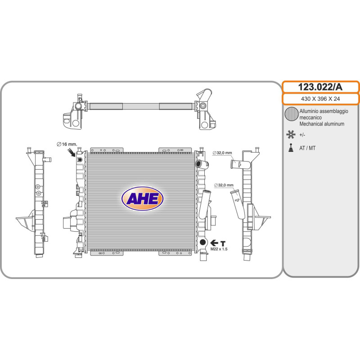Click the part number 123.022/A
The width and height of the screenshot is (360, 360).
pyautogui.click(x=320, y=87)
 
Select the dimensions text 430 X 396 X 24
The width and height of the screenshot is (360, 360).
pyautogui.click(x=320, y=99)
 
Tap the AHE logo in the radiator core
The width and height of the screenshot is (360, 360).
pyautogui.click(x=142, y=198)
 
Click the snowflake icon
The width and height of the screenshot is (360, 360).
pyautogui.click(x=291, y=135)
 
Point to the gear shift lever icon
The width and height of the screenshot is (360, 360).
pyautogui.click(x=291, y=148)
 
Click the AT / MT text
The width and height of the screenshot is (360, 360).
pyautogui.click(x=307, y=148)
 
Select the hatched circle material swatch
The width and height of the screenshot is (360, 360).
pyautogui.click(x=292, y=114)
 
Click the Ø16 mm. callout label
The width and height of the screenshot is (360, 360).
pyautogui.click(x=67, y=144)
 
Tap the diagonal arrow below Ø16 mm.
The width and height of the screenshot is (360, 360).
pyautogui.click(x=72, y=153)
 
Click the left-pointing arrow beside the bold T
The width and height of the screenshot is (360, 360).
pyautogui.click(x=214, y=243)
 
